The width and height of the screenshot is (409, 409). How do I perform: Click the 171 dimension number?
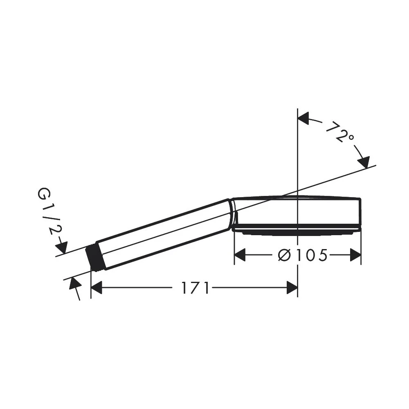(196, 288)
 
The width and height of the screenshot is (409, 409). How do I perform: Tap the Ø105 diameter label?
(303, 255)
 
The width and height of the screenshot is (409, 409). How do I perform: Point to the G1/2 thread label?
(49, 212)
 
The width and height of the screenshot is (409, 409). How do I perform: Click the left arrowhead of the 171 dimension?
(96, 288)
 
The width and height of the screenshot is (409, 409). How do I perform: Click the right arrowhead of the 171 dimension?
(292, 288)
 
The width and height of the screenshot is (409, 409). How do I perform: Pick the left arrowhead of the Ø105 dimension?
(240, 255)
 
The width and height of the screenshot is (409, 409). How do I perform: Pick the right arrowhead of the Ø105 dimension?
(355, 255)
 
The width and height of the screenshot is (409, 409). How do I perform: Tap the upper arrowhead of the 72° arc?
(303, 119)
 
